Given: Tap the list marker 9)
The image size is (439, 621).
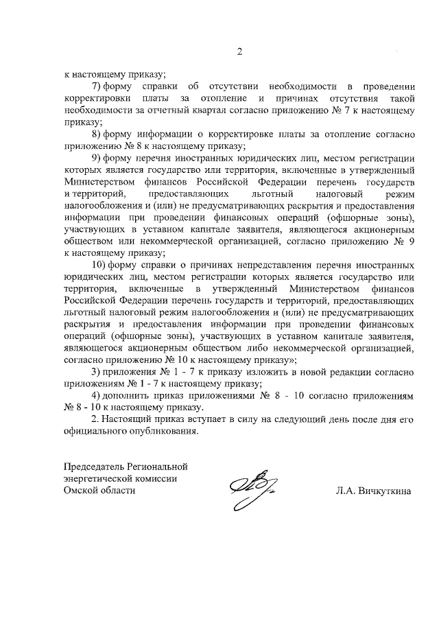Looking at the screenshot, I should (97, 157).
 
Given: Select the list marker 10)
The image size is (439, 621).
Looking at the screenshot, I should (99, 264).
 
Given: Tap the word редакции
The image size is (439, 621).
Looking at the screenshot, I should (337, 371).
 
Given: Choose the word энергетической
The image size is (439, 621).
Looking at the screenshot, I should (100, 478).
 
